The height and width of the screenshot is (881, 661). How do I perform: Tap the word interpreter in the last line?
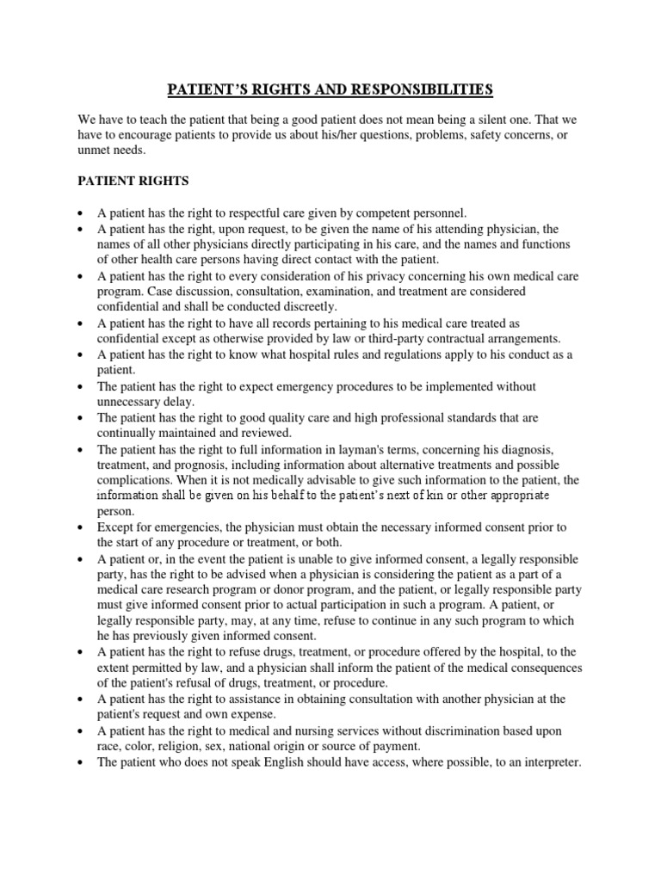click(x=548, y=763)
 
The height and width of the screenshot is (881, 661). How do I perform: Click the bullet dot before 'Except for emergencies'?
click(x=79, y=527)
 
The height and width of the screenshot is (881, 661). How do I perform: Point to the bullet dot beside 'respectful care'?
click(x=79, y=212)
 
